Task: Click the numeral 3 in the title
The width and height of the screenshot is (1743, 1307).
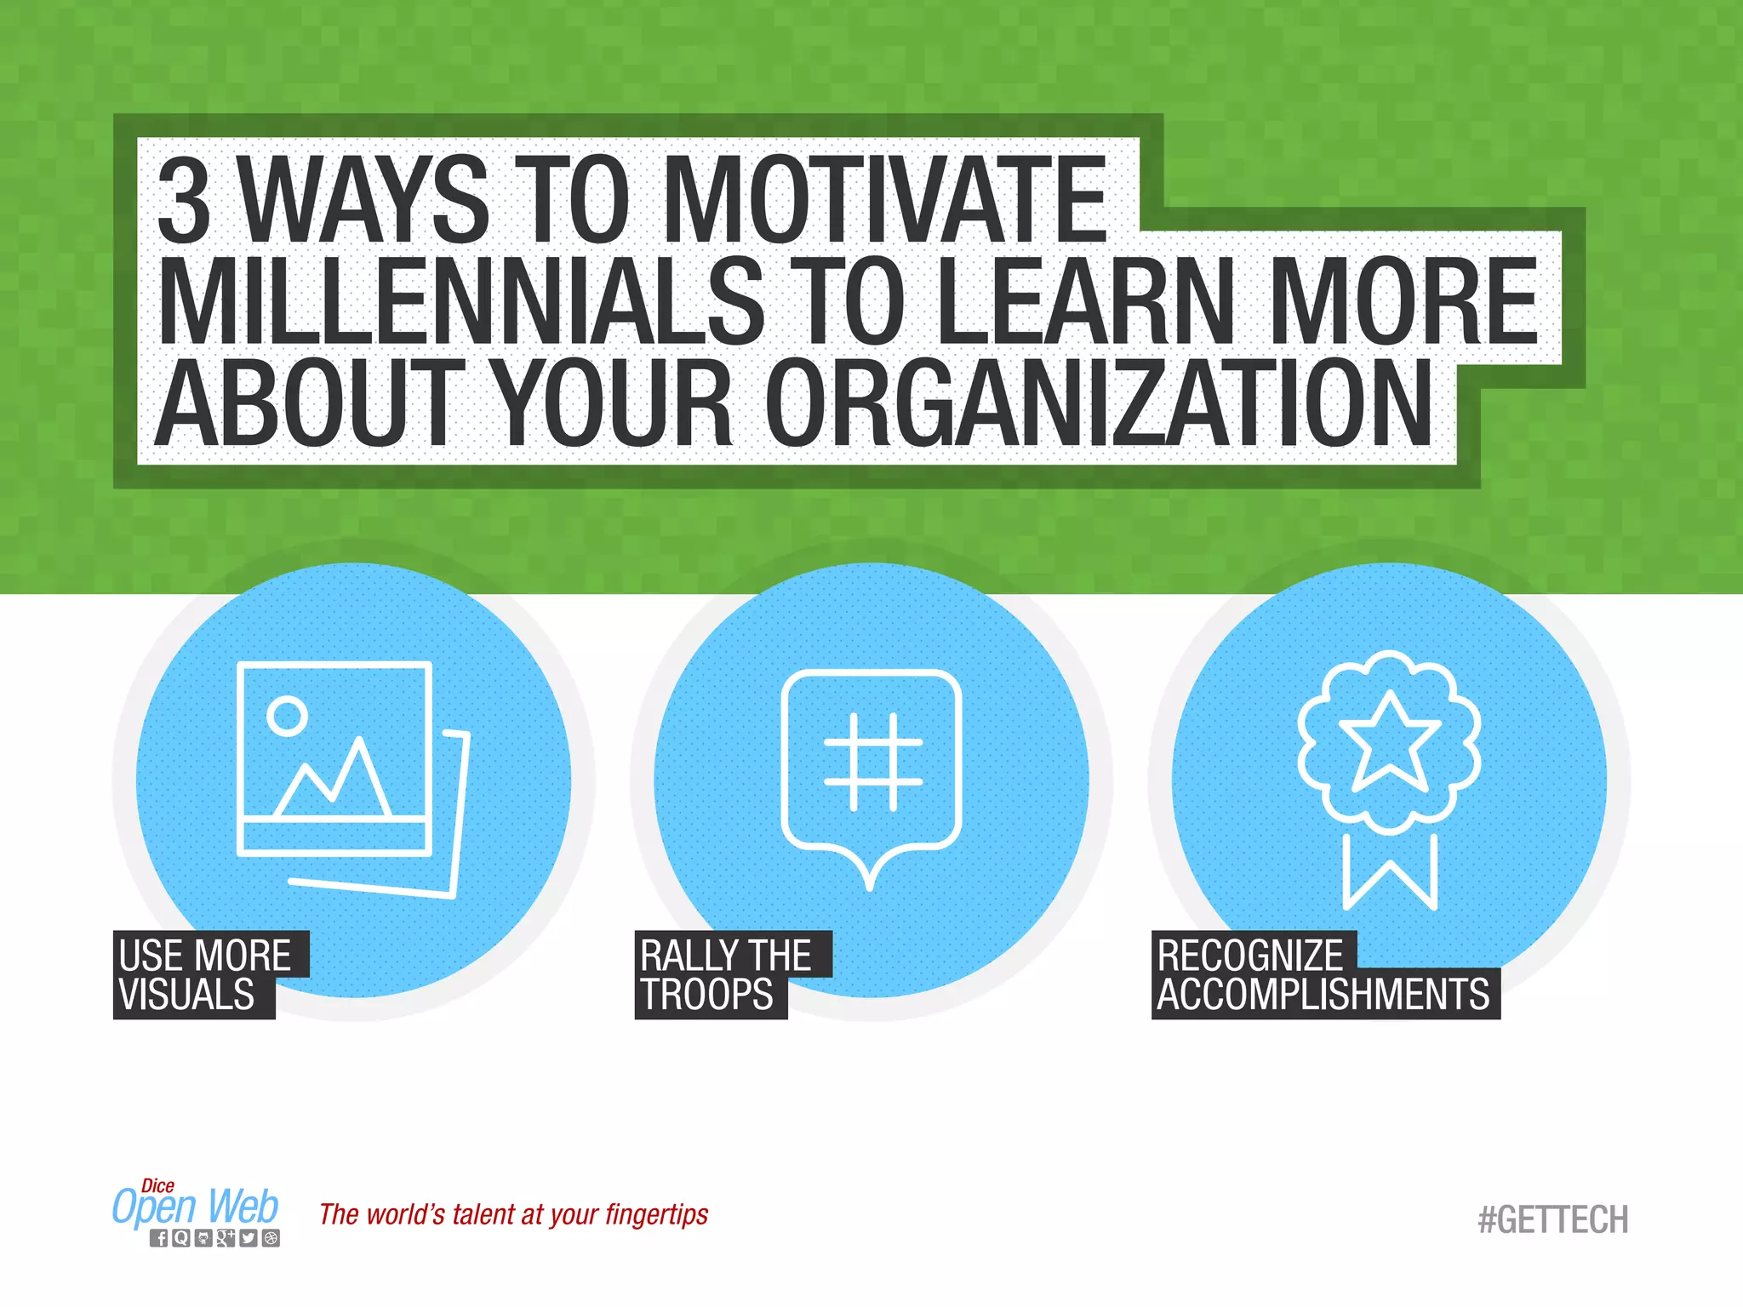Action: click(185, 200)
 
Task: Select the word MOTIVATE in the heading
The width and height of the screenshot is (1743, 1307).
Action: click(885, 200)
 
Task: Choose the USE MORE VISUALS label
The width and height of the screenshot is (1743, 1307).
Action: click(204, 975)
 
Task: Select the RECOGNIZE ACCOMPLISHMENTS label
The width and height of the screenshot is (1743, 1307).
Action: click(1323, 975)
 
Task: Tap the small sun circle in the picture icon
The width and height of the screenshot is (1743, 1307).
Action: click(287, 716)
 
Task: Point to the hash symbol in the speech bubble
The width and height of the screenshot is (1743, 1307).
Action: click(873, 762)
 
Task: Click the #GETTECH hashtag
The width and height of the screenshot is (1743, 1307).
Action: click(1553, 1220)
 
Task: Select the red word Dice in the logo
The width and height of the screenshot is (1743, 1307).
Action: click(158, 1185)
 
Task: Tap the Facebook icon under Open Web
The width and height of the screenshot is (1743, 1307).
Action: click(159, 1239)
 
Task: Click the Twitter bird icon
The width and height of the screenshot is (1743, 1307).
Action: click(248, 1239)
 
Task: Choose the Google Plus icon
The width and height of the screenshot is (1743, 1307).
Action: click(226, 1239)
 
